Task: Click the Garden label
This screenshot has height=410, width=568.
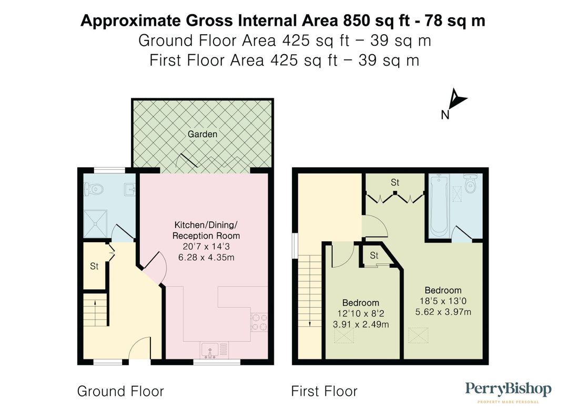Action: tap(202, 134)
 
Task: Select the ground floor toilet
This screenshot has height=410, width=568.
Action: tap(94, 188)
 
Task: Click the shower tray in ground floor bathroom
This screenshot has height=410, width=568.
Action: tap(96, 223)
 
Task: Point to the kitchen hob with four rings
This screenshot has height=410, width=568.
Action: tap(259, 322)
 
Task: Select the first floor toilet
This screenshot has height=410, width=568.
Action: tap(471, 183)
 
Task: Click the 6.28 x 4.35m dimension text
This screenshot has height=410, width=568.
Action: tap(206, 258)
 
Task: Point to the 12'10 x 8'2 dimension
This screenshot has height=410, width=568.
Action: tap(361, 314)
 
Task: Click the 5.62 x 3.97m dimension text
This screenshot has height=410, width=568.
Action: tap(443, 312)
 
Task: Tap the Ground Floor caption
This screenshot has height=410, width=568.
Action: tap(120, 391)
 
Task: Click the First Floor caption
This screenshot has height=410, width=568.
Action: tap(324, 391)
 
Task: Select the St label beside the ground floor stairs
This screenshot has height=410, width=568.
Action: tap(94, 266)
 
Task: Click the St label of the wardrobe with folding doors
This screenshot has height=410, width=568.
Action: tap(395, 182)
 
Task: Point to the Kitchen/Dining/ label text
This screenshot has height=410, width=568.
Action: tap(206, 225)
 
